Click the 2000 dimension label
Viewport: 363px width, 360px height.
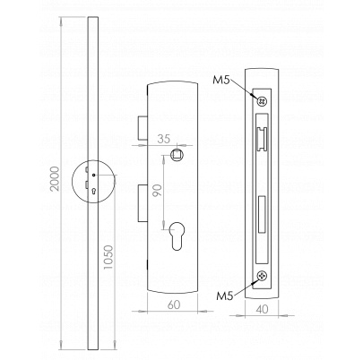[55, 179]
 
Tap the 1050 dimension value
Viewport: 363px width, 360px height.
[108, 257]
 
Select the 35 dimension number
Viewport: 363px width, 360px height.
[164, 139]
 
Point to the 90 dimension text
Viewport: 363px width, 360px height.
[158, 191]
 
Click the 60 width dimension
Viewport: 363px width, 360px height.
[174, 304]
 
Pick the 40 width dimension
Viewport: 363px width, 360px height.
[262, 309]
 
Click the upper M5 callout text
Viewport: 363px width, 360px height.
[221, 80]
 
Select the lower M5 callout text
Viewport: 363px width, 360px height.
[225, 296]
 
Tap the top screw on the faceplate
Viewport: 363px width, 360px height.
[262, 101]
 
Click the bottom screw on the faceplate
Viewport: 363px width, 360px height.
[262, 276]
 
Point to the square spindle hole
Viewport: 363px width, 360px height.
[176, 154]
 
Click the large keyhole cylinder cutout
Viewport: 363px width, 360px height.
[176, 236]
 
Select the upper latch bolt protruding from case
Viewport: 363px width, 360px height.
[143, 128]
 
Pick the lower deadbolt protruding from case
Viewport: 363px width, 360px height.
[143, 203]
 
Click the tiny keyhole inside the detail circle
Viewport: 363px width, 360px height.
[94, 191]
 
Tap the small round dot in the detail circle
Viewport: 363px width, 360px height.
[93, 176]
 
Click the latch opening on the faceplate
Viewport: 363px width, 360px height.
[262, 138]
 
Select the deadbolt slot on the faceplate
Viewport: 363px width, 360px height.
[262, 214]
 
